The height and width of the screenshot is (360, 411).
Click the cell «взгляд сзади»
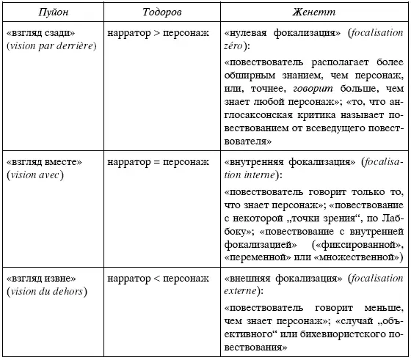[40, 33]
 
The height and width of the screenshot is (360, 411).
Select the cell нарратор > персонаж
[158, 33]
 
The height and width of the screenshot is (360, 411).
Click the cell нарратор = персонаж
[158, 161]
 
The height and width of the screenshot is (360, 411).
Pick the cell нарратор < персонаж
[158, 279]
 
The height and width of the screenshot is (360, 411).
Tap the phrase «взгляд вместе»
[43, 161]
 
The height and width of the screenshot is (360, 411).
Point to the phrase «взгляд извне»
[43, 279]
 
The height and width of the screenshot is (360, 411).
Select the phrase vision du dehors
[46, 293]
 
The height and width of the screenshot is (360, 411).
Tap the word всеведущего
[333, 127]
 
